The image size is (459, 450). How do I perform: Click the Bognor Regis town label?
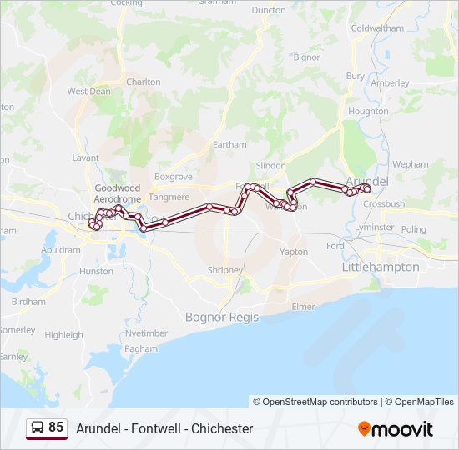click(220, 317)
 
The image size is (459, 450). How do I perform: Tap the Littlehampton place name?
click(381, 267)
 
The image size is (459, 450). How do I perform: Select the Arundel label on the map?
click(366, 180)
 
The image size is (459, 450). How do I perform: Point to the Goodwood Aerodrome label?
click(118, 194)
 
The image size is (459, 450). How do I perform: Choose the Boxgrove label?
click(173, 177)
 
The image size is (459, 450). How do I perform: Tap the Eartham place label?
click(229, 144)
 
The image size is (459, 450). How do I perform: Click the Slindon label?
click(270, 166)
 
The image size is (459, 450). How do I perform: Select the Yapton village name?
click(294, 252)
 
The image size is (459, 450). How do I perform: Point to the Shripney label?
click(224, 270)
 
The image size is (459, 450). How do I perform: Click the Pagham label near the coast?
click(141, 348)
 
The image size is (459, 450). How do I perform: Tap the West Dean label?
click(88, 92)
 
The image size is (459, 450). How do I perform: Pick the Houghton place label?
click(368, 111)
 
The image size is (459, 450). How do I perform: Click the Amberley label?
click(390, 83)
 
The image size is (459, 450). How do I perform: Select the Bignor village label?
click(306, 57)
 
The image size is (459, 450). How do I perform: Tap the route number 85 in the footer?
click(56, 427)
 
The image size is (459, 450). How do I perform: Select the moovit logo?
click(396, 428)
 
